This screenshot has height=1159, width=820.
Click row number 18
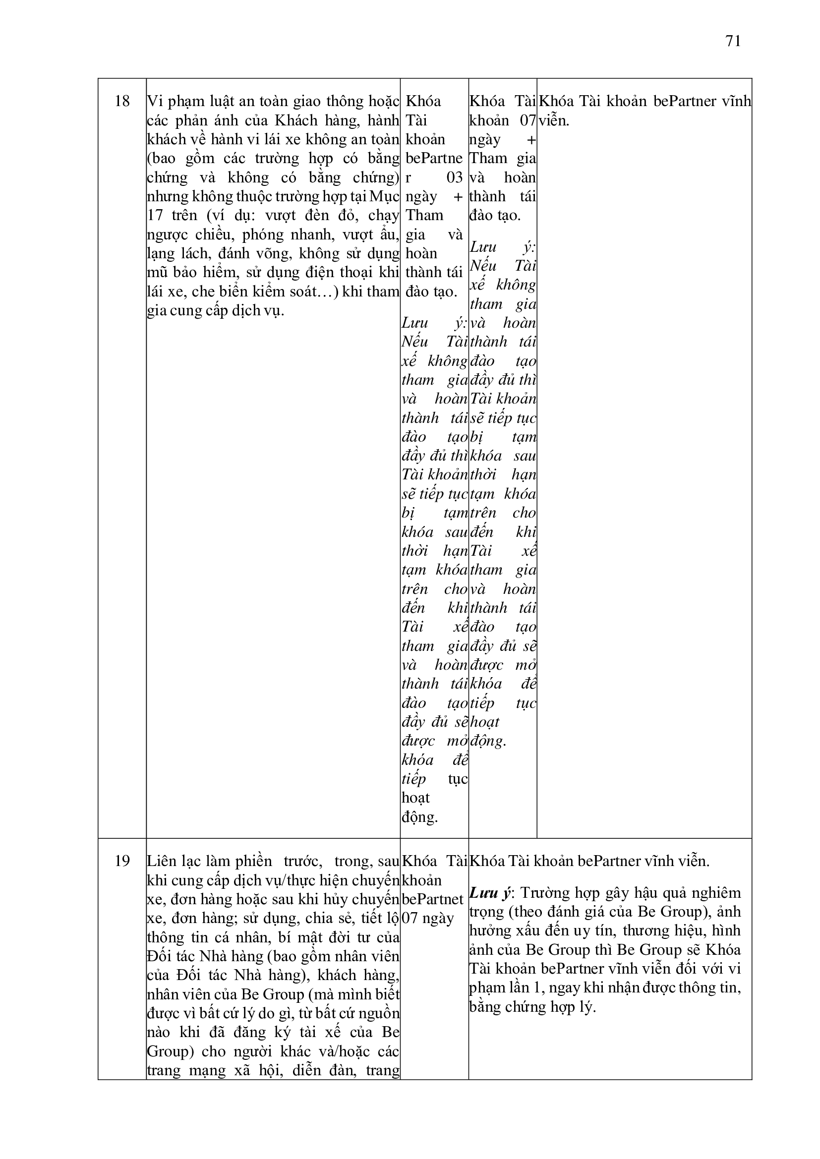pos(122,102)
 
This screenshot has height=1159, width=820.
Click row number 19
pos(122,861)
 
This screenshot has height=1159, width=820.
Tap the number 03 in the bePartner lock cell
pos(455,177)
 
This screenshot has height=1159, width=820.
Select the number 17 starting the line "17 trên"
pos(155,216)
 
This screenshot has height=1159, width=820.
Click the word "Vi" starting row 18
pos(154,102)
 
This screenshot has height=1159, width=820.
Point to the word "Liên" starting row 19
pos(161,861)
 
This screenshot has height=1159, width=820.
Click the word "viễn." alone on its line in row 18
pos(554,120)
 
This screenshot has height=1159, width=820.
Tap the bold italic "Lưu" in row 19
pos(483,893)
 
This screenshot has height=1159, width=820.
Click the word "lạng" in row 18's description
pos(160,254)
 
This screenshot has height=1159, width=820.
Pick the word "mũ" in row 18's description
pos(154,273)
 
